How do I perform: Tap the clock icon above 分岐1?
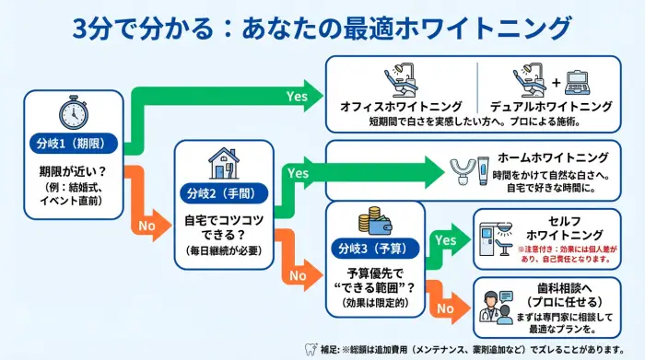(x=73, y=112)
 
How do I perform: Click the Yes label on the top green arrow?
(x=297, y=95)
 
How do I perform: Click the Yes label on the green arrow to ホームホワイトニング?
(x=298, y=172)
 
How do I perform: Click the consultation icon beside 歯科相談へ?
(x=495, y=308)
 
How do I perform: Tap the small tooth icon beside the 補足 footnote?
(x=311, y=348)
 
